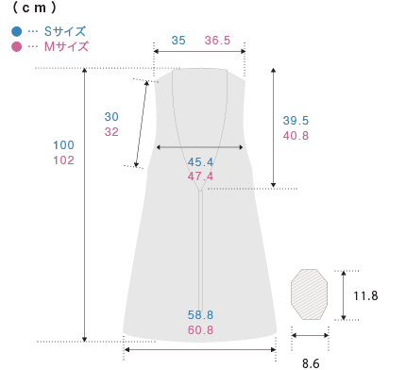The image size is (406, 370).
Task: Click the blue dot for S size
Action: [16, 31]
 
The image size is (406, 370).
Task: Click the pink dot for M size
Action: [16, 46]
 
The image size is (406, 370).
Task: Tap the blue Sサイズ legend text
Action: [65, 31]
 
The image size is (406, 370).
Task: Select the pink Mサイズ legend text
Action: [66, 46]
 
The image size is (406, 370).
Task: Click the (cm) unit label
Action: [35, 8]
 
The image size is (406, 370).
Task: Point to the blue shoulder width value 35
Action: [178, 41]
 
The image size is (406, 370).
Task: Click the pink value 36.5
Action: [217, 41]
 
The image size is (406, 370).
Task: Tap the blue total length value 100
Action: [63, 145]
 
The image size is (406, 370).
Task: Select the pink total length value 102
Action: [63, 160]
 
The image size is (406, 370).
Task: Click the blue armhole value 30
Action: [111, 117]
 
